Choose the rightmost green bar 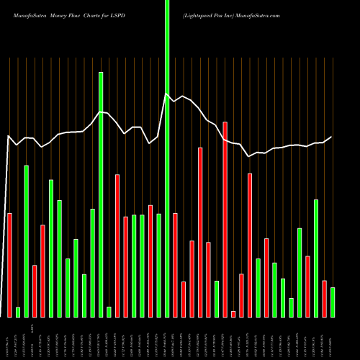tap(333, 302)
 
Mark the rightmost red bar tap(324, 298)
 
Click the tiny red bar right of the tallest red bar tap(233, 313)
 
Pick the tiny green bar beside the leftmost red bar tap(18, 312)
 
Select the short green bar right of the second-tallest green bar tap(109, 311)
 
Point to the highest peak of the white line tap(166, 94)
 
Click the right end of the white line tap(332, 137)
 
